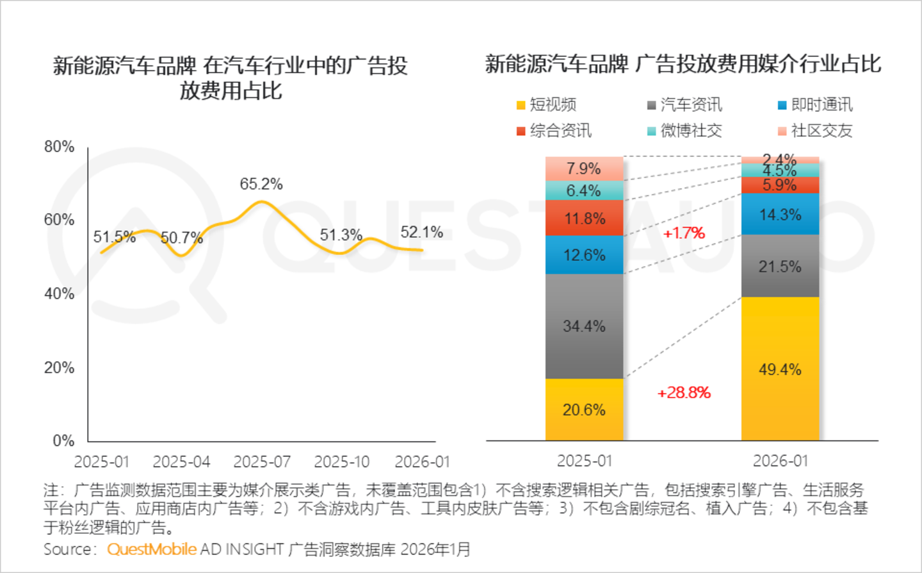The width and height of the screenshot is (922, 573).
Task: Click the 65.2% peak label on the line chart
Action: coord(261,184)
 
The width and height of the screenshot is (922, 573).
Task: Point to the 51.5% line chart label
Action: coord(115,237)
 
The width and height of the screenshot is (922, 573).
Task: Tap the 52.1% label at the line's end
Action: coord(421,232)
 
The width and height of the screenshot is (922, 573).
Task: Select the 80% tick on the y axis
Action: coord(60,147)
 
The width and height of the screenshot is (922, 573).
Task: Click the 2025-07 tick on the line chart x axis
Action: coord(262,461)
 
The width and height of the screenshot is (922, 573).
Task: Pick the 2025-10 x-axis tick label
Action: coord(342,461)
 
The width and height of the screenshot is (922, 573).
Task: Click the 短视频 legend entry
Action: coord(547,104)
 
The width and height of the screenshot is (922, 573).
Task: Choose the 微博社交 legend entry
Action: coord(684,131)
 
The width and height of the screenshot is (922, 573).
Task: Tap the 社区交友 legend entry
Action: coord(815,131)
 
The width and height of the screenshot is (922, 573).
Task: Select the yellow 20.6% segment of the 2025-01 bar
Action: coord(584,410)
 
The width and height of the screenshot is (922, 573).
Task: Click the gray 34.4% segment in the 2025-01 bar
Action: coord(584,326)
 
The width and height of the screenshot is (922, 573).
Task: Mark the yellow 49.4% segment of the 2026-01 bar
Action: coord(780,369)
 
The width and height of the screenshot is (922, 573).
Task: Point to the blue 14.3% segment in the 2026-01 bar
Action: coord(780,214)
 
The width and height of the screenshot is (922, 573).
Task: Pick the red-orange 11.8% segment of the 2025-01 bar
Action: coord(584,218)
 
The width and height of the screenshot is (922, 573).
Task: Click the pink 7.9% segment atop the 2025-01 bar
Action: coord(584,169)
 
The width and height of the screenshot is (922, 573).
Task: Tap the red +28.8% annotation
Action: coord(684,392)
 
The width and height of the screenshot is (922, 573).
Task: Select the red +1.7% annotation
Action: coord(684,233)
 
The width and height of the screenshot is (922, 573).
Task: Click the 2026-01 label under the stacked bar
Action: coord(780,461)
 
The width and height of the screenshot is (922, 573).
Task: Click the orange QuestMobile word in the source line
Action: coord(152,549)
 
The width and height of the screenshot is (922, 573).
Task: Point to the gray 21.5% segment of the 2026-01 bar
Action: coord(780,266)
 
